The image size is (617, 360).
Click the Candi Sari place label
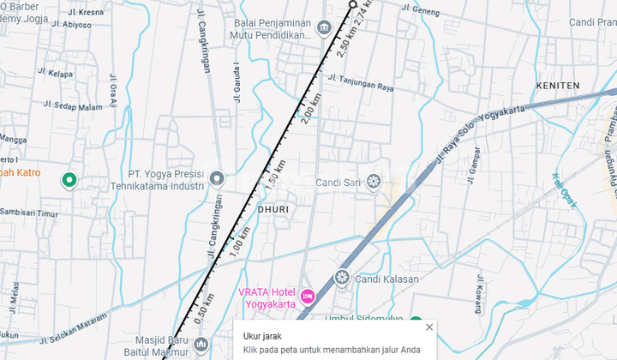coord(338,182)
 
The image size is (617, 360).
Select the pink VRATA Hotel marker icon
coord(308,297)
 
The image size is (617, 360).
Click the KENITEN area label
coord(557,86)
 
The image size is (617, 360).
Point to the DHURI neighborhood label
coord(273,208)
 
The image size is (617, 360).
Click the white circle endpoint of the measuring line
coord(353,5)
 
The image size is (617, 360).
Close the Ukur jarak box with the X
coord(429,327)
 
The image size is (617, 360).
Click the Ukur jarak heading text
coord(262,336)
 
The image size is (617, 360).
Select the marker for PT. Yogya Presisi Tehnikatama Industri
coord(217,179)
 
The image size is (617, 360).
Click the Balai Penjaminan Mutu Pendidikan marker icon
coord(325,28)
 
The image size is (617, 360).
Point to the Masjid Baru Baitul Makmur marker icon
coord(201,345)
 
